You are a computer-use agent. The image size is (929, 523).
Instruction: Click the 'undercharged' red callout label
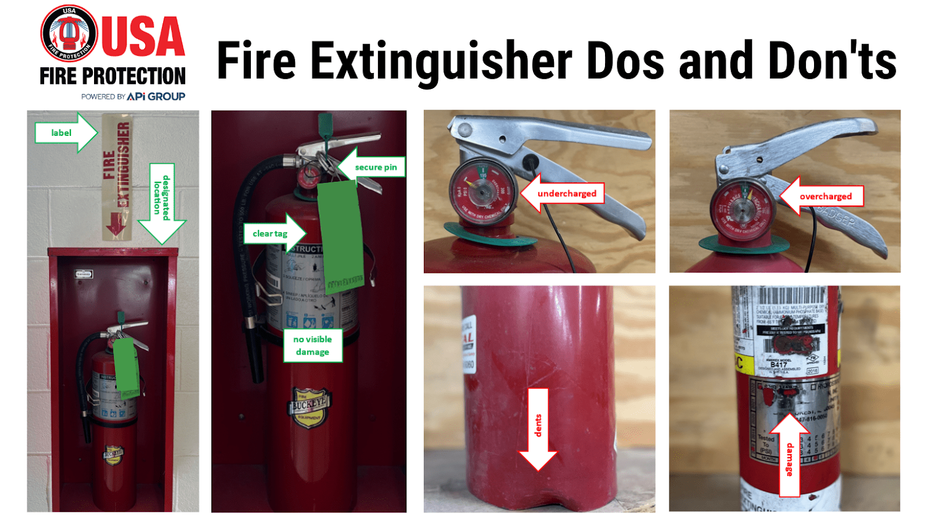[x=566, y=193]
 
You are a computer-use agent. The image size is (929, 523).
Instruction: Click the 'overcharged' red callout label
[x=825, y=196]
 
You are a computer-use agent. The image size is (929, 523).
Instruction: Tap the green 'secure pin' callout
[x=375, y=167]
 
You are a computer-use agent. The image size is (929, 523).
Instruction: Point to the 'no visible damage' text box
[x=312, y=345]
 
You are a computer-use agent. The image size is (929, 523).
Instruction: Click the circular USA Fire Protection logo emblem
[x=69, y=33]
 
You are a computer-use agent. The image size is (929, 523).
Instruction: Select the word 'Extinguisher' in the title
[x=441, y=62]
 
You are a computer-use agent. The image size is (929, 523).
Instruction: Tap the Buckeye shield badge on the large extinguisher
[x=309, y=407]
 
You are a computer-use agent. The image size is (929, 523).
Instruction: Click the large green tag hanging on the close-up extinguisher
[x=340, y=232]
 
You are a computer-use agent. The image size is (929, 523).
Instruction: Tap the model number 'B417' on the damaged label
[x=778, y=365]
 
